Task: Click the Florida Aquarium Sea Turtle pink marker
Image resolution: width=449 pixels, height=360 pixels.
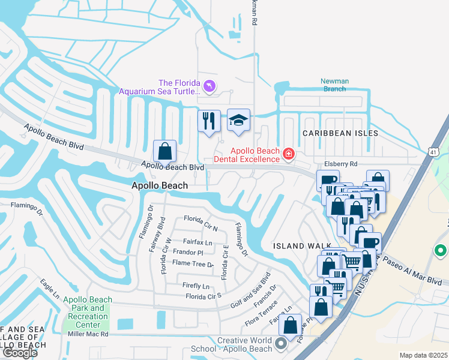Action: pyautogui.click(x=209, y=88)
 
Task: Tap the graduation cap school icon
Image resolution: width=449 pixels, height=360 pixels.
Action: pyautogui.click(x=238, y=120)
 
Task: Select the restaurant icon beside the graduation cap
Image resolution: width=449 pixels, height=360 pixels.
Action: pyautogui.click(x=209, y=121)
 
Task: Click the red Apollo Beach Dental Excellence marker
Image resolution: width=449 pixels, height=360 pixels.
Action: pyautogui.click(x=289, y=155)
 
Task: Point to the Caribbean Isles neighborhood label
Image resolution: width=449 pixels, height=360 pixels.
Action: pyautogui.click(x=340, y=133)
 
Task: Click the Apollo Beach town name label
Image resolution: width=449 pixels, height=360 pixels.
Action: pyautogui.click(x=160, y=186)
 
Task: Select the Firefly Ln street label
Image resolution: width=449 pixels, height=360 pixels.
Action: pyautogui.click(x=197, y=286)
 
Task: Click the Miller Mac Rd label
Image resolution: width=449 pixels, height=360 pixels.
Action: pyautogui.click(x=88, y=334)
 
